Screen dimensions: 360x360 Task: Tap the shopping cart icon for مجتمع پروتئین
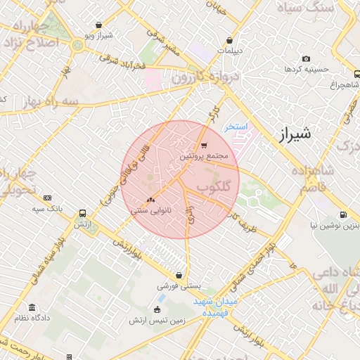click(204, 146)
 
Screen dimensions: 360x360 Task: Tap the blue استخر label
click(236, 127)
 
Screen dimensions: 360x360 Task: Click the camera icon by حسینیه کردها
click(305, 58)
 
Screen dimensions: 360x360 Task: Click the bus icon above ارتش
click(83, 213)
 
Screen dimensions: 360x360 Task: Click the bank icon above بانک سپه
click(47, 198)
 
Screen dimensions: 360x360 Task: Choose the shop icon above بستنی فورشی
click(181, 276)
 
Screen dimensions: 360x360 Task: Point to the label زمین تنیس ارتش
click(157, 320)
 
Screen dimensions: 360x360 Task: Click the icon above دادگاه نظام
click(32, 307)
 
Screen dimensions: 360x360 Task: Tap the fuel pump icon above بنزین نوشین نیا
click(342, 214)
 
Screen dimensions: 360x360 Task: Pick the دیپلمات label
click(229, 51)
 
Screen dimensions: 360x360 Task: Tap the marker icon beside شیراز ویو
click(89, 34)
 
